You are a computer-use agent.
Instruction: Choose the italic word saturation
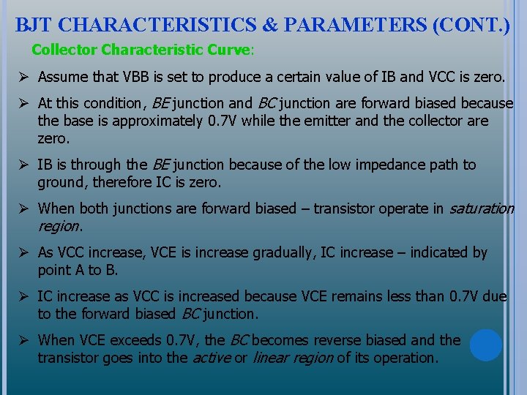[481, 208]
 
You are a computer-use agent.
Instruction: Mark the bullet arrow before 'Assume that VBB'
[24, 77]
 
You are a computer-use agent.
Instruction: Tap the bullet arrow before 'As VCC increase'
[24, 252]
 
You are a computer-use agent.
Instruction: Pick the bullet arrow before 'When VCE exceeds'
[24, 340]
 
